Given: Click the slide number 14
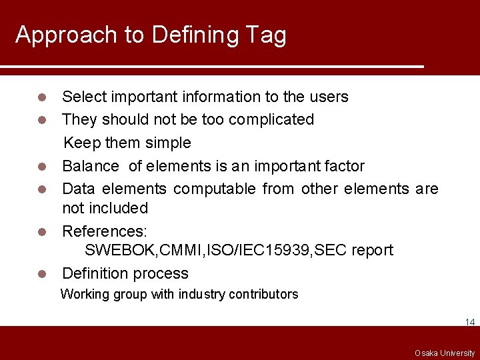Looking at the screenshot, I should (x=470, y=322).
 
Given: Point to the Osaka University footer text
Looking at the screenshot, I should (x=445, y=353).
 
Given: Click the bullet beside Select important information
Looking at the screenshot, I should (x=42, y=97).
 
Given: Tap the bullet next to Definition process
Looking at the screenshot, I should (x=42, y=274).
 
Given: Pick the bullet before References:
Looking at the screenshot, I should (x=42, y=232).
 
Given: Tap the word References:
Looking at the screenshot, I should (x=105, y=231).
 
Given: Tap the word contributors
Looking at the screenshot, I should (x=264, y=294).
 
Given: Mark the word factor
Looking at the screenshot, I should (x=343, y=166).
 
